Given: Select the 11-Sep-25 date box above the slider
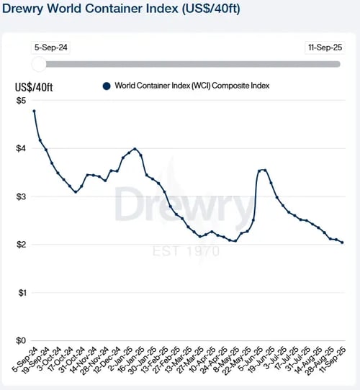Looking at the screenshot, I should pos(323,47).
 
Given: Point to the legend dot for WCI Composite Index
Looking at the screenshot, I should pos(106,86).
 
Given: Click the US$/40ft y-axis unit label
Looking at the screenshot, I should pos(34,88).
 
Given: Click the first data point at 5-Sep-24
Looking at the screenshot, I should pos(34,111).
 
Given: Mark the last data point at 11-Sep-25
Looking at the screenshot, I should pos(342,242).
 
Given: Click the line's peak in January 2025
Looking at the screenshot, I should pos(135,149).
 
